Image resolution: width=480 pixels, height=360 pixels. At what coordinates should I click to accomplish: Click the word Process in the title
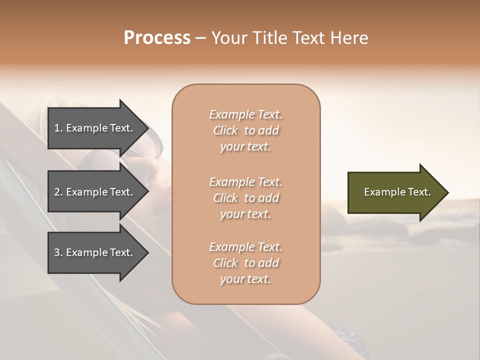157,38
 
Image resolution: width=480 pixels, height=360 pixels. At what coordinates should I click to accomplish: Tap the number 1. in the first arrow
58,128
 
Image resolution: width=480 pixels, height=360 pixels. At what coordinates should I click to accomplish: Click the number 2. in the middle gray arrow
58,192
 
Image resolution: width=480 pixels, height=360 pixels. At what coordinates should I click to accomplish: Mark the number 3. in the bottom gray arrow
58,252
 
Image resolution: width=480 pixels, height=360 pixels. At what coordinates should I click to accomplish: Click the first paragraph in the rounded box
245,130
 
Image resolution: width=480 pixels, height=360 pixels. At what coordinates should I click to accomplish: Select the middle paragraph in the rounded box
245,198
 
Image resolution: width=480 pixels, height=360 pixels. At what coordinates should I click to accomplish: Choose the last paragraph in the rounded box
245,263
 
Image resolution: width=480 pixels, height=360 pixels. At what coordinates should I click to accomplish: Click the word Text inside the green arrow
419,192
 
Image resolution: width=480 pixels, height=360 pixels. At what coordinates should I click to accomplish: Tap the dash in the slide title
200,38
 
